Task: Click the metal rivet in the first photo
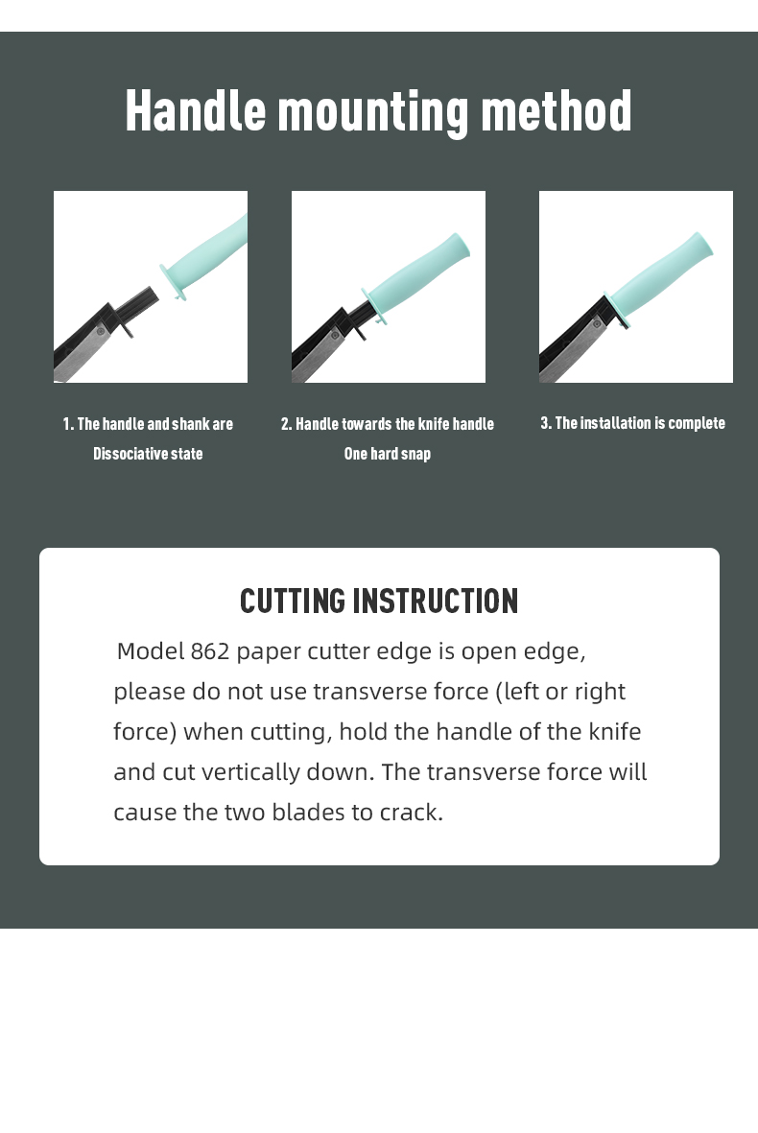(x=101, y=331)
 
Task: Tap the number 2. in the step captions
(x=286, y=424)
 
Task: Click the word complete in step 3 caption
(x=697, y=423)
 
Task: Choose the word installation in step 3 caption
(x=615, y=423)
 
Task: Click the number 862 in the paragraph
(x=209, y=651)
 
